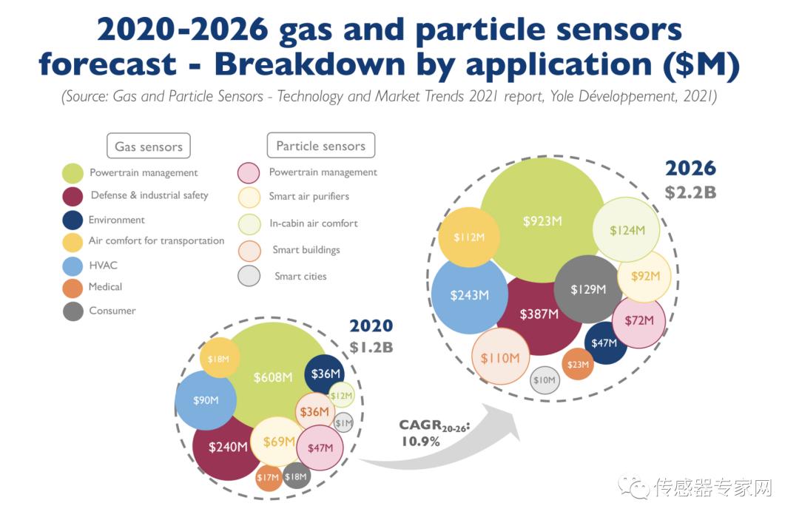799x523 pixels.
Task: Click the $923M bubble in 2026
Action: (x=542, y=220)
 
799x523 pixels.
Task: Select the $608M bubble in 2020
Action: (x=272, y=377)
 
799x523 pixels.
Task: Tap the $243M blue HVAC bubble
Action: (x=470, y=294)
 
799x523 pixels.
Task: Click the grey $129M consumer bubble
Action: (x=588, y=289)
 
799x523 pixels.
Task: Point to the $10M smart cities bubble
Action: (x=545, y=380)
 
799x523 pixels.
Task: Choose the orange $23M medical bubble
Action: (x=578, y=364)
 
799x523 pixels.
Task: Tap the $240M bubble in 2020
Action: (x=227, y=447)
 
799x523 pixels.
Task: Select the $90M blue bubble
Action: (x=206, y=400)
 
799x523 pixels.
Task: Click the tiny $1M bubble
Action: (x=343, y=422)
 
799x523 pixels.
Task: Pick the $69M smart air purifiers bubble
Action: (x=278, y=442)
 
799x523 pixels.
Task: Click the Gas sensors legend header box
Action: (x=149, y=146)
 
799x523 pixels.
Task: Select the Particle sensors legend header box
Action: (x=320, y=145)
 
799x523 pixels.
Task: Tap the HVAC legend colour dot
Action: (x=73, y=266)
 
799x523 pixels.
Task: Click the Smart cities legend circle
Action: (x=249, y=276)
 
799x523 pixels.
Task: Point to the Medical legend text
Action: (x=105, y=286)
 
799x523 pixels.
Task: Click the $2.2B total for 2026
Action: (x=691, y=192)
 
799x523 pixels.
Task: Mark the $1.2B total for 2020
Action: (x=371, y=346)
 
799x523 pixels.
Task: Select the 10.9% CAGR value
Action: (x=420, y=441)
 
